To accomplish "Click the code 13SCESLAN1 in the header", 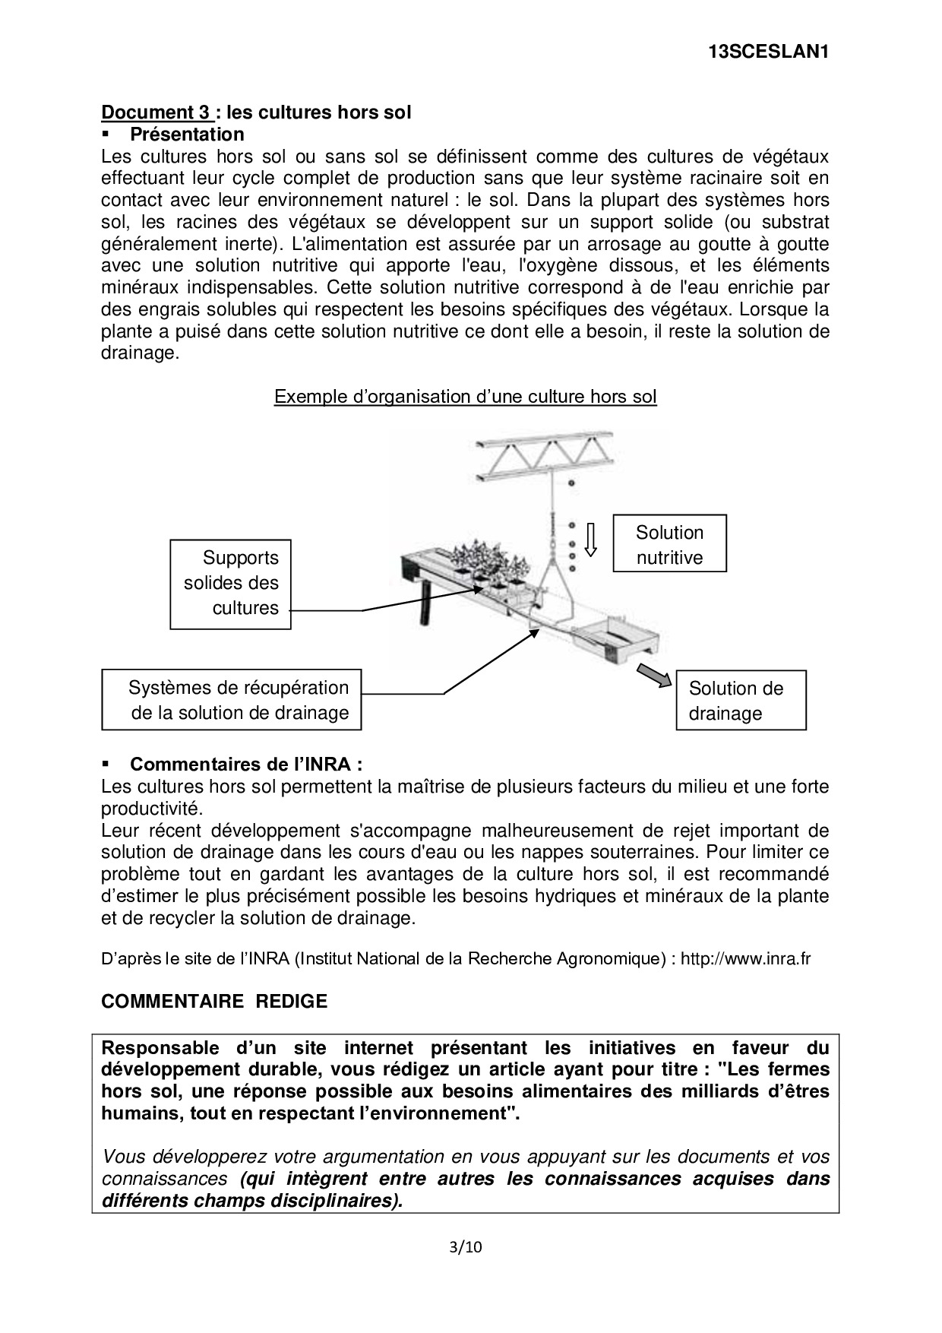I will click(767, 52).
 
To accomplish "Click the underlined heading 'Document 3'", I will click(156, 112).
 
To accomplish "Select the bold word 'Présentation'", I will click(187, 135).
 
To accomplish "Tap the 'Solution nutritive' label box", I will click(669, 544).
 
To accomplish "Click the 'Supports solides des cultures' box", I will click(230, 584).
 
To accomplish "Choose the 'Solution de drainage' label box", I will click(741, 700).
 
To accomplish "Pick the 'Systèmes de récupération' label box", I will click(231, 700).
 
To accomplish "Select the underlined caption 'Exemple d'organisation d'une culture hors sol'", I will click(465, 397).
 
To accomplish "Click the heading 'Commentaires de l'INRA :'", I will click(245, 765).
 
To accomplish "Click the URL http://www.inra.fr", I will click(745, 959).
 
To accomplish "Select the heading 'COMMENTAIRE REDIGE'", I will click(214, 1002).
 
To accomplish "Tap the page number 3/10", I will click(466, 1247).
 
